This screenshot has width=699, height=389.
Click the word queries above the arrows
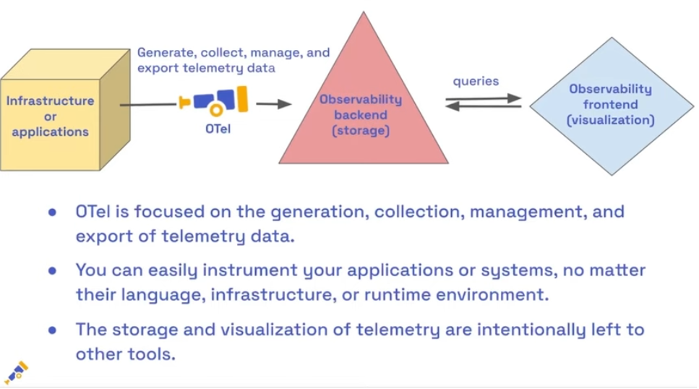(476, 81)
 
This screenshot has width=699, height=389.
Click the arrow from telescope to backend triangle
(273, 104)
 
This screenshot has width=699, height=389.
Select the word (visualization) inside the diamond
(611, 119)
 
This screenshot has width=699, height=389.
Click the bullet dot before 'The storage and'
(52, 330)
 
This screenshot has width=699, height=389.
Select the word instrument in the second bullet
(236, 271)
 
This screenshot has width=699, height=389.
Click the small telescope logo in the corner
(16, 372)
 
